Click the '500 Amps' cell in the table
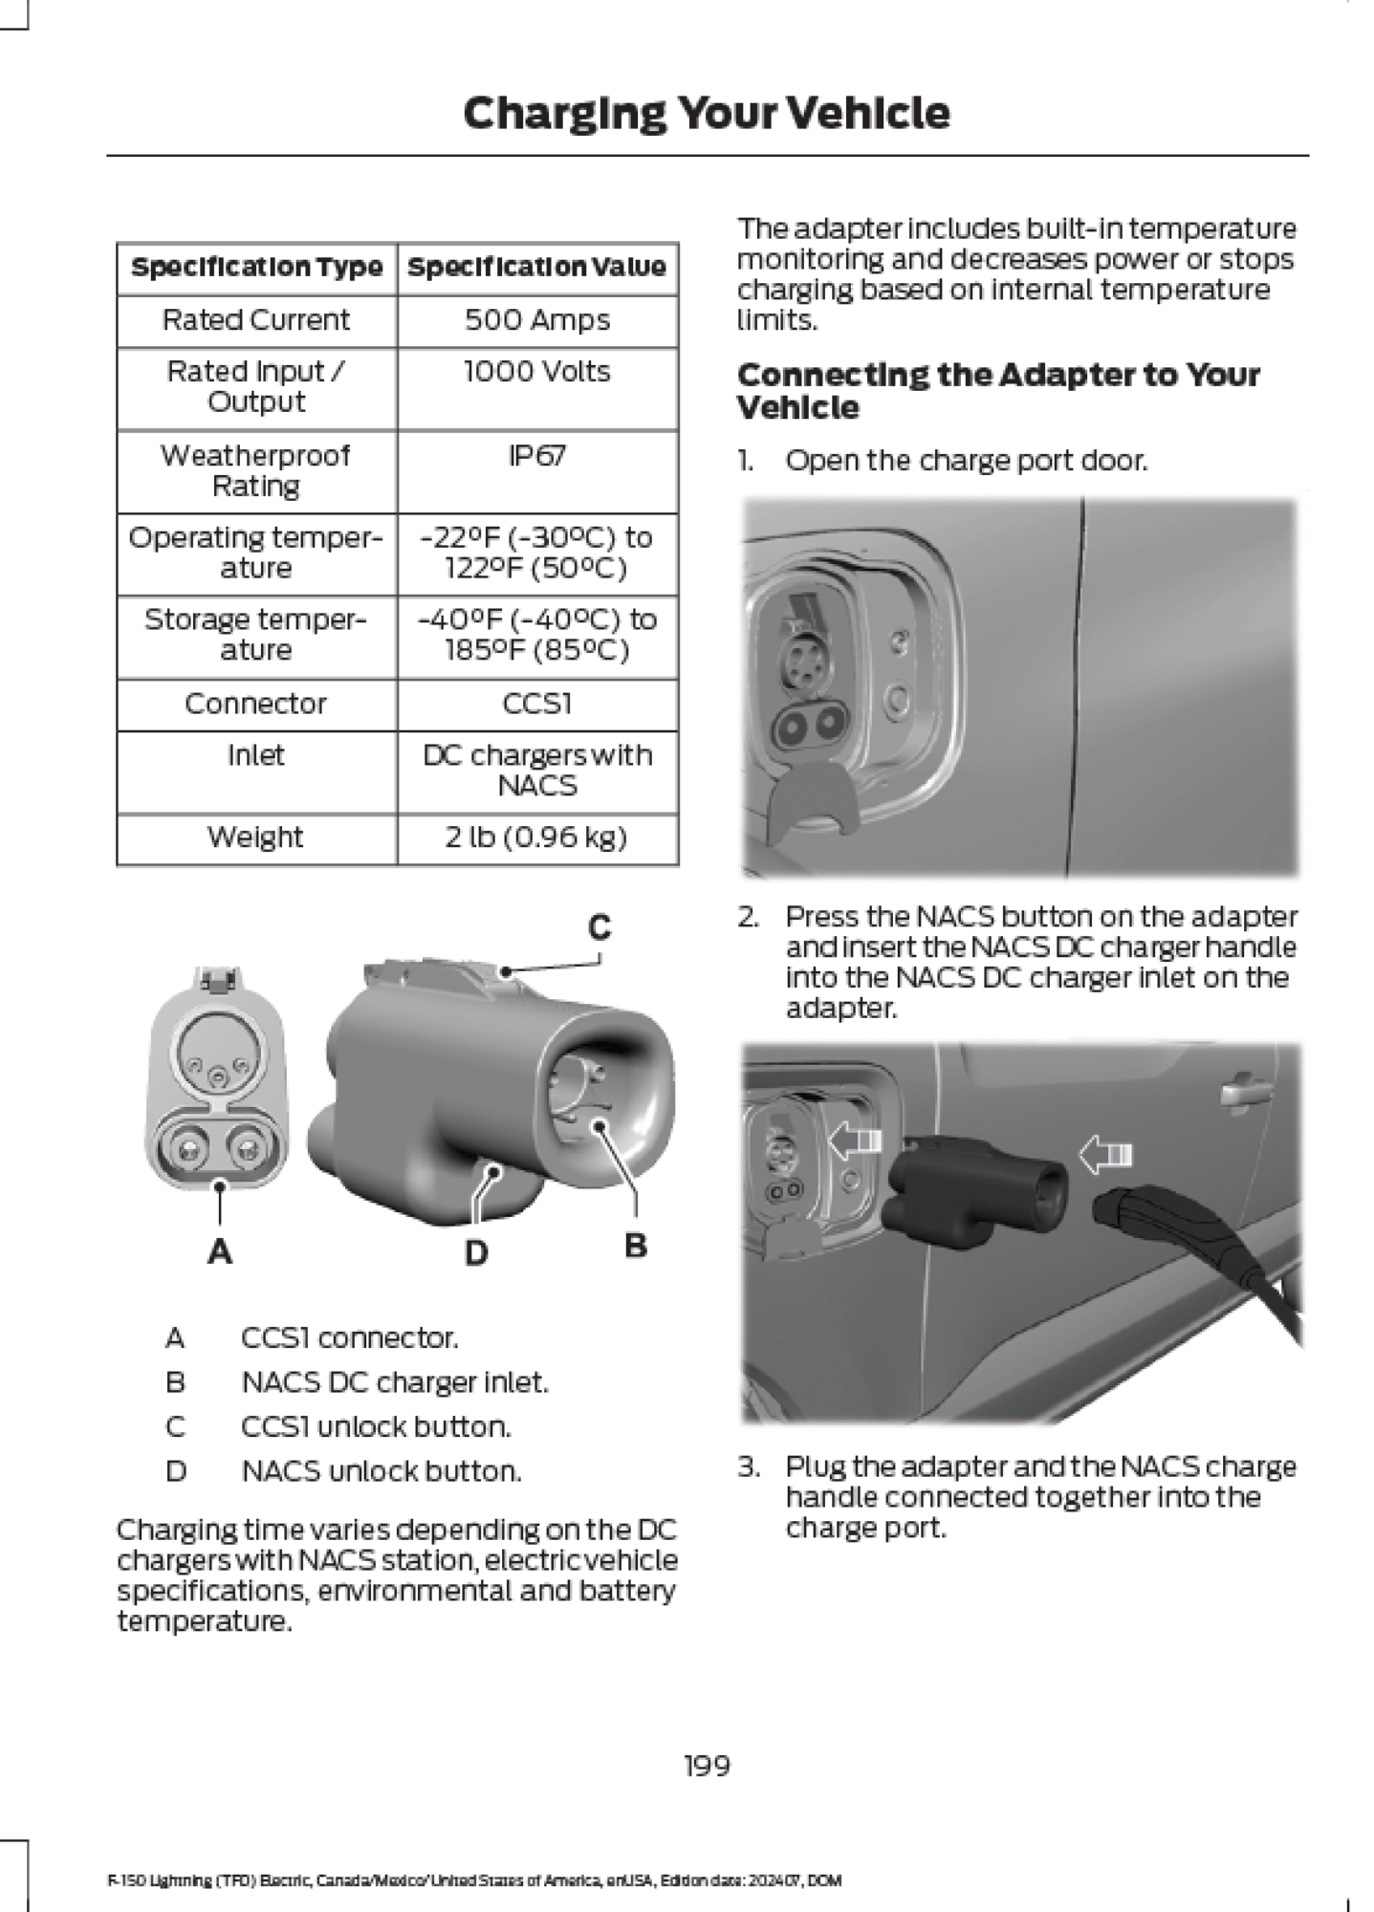[x=537, y=320]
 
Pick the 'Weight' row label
[x=255, y=837]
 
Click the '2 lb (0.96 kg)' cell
[x=536, y=837]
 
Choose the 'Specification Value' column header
[x=537, y=268]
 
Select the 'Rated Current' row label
[x=256, y=320]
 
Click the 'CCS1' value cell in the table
[x=537, y=704]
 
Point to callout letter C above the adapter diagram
[x=600, y=926]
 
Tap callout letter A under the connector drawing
[x=220, y=1250]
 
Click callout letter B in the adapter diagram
[x=636, y=1246]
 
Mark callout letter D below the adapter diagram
[x=476, y=1252]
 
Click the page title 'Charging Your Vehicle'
[x=707, y=114]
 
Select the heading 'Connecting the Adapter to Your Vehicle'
[x=998, y=391]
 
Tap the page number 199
[x=708, y=1766]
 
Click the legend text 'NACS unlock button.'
[x=382, y=1470]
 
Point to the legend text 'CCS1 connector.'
[x=350, y=1337]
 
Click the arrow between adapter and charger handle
[x=1106, y=1154]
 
